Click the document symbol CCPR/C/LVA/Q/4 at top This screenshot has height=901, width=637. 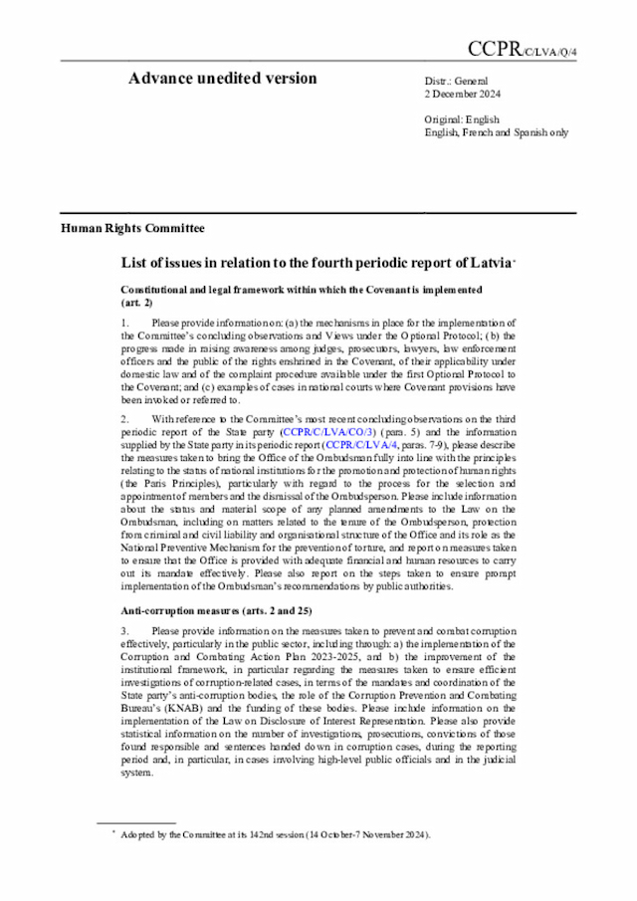[x=522, y=51]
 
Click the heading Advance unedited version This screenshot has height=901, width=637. [x=222, y=80]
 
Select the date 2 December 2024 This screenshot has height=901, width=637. [x=463, y=96]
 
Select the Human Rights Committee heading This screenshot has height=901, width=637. [x=132, y=228]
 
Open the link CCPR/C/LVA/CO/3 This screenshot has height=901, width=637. [x=327, y=435]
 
